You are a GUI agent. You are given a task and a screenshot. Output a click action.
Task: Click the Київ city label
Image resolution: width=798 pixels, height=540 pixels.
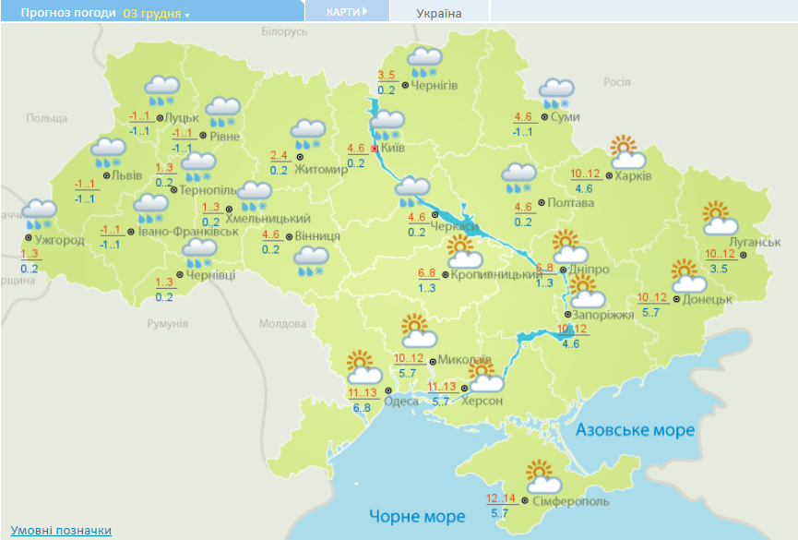coord(393,148)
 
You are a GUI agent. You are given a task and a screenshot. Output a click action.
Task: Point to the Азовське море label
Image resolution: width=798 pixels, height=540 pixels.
coord(634,430)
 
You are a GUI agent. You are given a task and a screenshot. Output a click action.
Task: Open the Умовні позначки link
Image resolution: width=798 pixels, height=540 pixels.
coord(62,530)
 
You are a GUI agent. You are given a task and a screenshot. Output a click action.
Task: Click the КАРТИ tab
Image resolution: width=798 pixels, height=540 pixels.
coord(347,12)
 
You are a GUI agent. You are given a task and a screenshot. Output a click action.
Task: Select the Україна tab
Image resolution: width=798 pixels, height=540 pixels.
coord(439,13)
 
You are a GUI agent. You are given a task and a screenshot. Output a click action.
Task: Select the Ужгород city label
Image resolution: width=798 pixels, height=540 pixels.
coord(59,240)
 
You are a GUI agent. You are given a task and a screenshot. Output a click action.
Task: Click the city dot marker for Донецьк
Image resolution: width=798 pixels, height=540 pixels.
coord(676,299)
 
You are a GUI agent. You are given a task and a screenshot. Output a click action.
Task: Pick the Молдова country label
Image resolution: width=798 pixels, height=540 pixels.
coord(281,324)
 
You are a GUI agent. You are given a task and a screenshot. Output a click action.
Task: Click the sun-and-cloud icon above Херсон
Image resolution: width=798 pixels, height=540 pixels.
coord(484,378)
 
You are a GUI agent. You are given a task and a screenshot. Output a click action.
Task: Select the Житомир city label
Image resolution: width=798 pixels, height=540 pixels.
coord(322,170)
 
